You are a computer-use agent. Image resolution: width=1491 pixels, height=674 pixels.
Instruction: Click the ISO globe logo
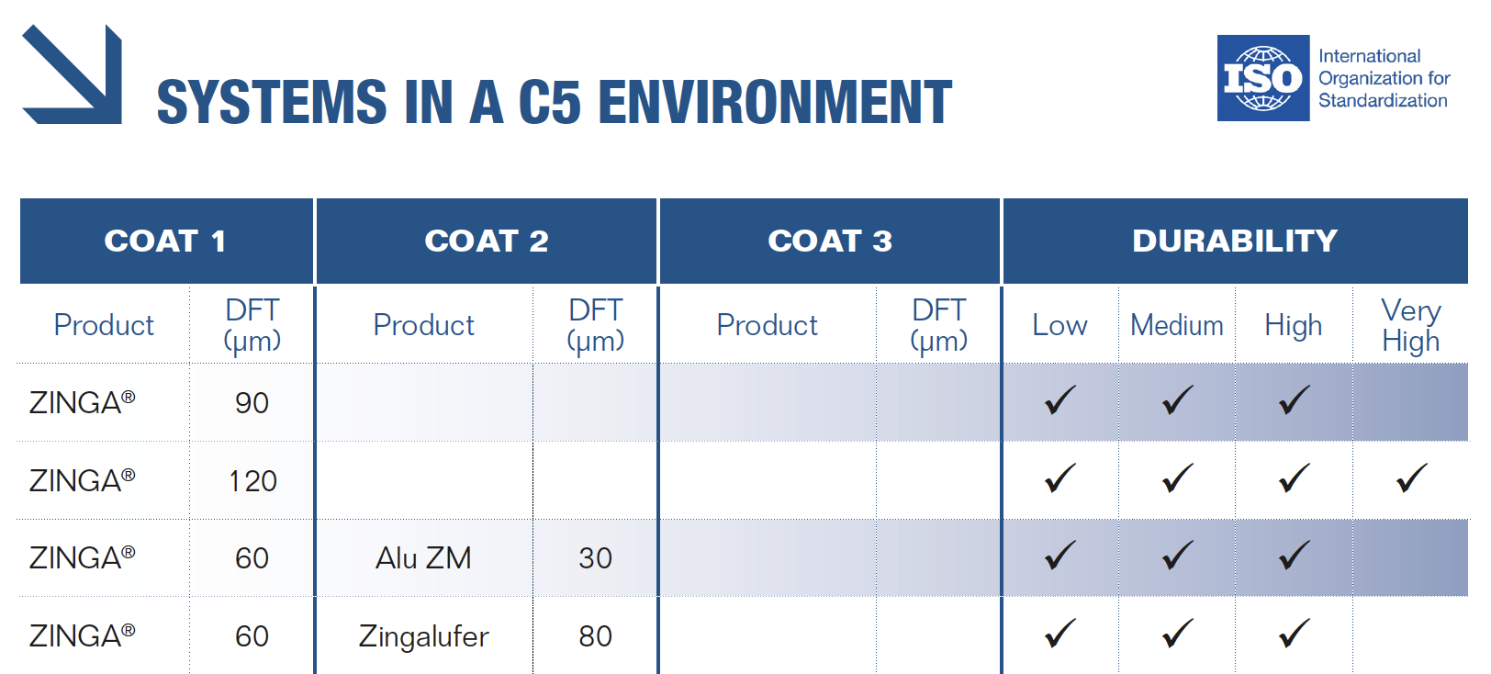click(x=1262, y=78)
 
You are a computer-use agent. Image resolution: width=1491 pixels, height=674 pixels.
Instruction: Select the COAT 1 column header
click(x=165, y=242)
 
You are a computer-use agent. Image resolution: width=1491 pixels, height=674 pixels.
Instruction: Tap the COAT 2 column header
click(x=487, y=242)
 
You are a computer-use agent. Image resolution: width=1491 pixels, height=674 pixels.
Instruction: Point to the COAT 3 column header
click(x=830, y=242)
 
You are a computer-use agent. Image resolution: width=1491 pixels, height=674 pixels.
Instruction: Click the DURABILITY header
click(x=1235, y=242)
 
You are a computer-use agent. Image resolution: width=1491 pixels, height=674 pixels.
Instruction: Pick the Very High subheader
click(x=1410, y=326)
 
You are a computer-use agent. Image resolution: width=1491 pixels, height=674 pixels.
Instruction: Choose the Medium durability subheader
click(x=1177, y=326)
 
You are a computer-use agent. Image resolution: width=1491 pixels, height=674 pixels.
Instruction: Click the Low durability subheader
click(x=1059, y=326)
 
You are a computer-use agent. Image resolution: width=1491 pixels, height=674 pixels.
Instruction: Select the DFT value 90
click(x=252, y=403)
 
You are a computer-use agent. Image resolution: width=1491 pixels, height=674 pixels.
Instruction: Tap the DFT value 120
click(x=253, y=481)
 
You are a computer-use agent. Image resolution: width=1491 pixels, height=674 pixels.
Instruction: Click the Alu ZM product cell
click(x=423, y=558)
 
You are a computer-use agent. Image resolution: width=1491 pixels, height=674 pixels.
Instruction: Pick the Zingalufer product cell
click(x=423, y=636)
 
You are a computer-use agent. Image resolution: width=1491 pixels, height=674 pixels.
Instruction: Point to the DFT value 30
click(x=595, y=558)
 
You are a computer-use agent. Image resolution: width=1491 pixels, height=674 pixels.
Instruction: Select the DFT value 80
click(x=595, y=636)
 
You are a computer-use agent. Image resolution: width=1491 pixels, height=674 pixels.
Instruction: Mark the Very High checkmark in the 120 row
click(x=1411, y=477)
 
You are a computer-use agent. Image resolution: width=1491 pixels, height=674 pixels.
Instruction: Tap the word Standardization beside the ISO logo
click(x=1384, y=101)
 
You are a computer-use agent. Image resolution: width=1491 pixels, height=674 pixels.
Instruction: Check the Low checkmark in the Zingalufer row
click(x=1059, y=634)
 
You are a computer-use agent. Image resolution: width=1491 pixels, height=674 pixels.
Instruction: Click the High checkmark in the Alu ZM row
click(x=1294, y=556)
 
